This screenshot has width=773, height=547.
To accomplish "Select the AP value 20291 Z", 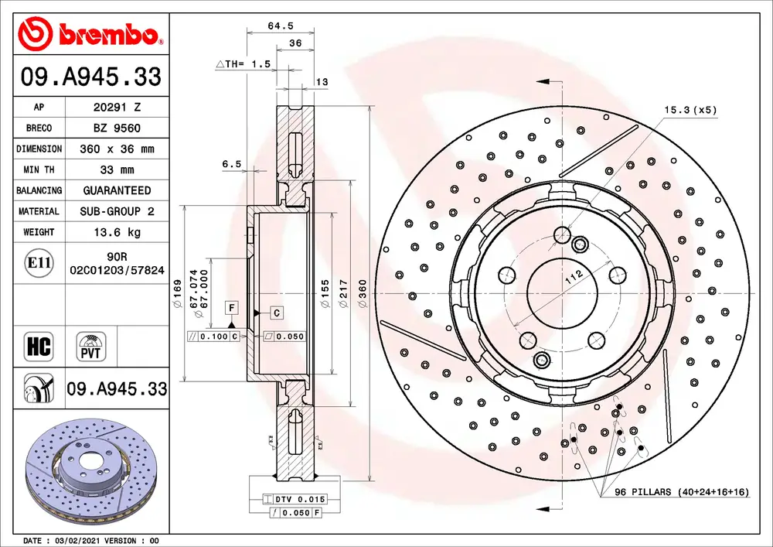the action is [117, 107].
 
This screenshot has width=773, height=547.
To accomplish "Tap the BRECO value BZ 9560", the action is [117, 128].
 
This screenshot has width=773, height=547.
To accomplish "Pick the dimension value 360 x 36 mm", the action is [117, 149].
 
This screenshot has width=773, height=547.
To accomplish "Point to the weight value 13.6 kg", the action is [117, 232].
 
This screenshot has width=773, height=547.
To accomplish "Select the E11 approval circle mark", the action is [39, 262].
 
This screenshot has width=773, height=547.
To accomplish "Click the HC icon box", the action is [39, 346].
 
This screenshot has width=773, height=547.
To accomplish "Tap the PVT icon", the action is [90, 347].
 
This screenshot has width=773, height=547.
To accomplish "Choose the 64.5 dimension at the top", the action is [281, 26].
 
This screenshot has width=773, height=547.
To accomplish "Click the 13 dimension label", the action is [322, 82].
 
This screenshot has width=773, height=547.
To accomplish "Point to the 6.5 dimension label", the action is [232, 164].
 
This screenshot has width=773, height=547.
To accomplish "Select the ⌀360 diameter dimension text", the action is [363, 294].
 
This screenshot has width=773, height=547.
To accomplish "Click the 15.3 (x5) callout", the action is [690, 110].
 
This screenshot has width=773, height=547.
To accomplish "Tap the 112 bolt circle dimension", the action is [574, 278].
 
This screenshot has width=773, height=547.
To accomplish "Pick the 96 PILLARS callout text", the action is [682, 492].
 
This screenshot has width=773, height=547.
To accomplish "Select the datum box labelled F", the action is [232, 308].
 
